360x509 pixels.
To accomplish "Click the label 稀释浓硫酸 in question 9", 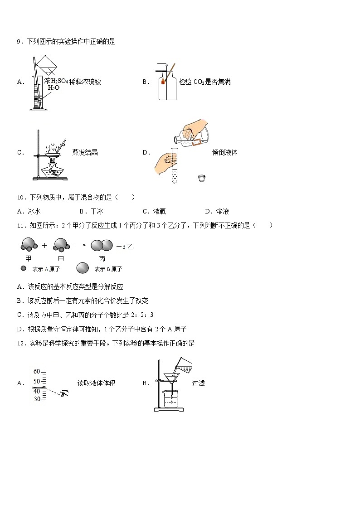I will pos(85,82).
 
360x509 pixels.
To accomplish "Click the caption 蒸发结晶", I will pos(85,152).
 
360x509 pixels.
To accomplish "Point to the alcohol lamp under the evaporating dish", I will pos(54,171).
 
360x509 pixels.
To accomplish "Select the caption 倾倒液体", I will pos(224,152).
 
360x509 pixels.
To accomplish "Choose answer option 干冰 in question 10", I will pos(92,211).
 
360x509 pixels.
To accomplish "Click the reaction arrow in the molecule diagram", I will pos(80,245).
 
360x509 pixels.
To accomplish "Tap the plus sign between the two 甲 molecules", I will pos(44,246).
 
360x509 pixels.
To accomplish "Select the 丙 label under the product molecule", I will pos(102,259).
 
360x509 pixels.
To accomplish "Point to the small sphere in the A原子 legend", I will pos(24,268).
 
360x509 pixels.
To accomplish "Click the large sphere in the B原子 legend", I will pos(83,268).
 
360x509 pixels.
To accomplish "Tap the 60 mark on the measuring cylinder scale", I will pos(37,371).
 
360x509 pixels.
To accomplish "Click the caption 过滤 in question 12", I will pos(198,383).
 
